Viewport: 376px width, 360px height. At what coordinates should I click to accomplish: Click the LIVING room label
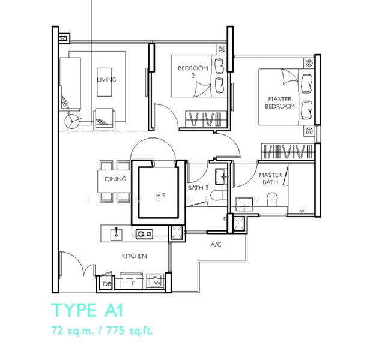[106, 80]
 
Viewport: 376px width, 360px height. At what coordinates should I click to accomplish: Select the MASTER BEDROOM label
[280, 103]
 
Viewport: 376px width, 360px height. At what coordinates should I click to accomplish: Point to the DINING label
[115, 179]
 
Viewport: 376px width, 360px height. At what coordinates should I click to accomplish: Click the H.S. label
[161, 196]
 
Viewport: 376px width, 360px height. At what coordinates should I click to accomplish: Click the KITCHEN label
[134, 256]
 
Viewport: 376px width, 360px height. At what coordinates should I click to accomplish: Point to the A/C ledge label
[217, 245]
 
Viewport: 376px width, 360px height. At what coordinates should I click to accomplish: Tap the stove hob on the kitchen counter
[144, 233]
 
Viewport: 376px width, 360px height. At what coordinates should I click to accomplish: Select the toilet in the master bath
[272, 198]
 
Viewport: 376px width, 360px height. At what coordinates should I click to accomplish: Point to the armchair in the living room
[106, 117]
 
